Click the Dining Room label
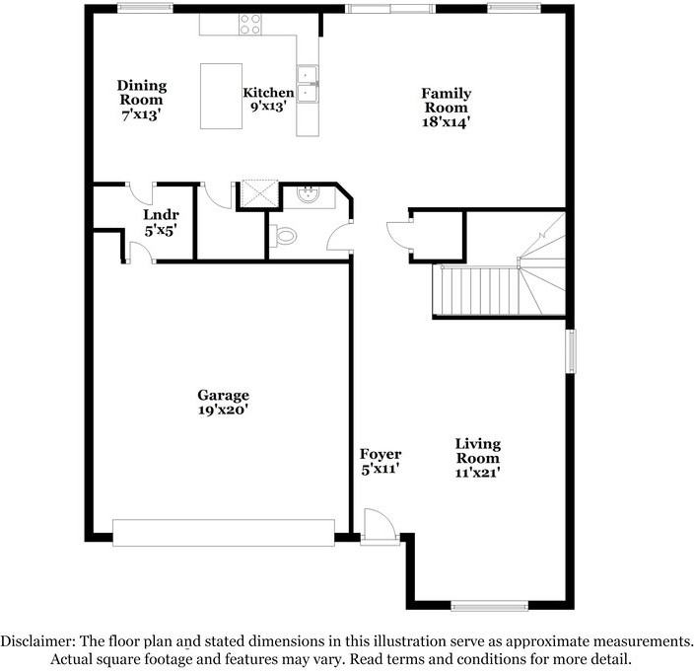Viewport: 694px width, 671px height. [142, 93]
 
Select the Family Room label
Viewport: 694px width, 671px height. [447, 100]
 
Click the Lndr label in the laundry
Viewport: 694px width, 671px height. [160, 214]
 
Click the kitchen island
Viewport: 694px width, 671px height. [222, 96]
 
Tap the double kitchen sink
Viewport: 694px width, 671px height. [309, 85]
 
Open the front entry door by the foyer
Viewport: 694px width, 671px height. [379, 526]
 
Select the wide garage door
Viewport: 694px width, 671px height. [223, 532]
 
